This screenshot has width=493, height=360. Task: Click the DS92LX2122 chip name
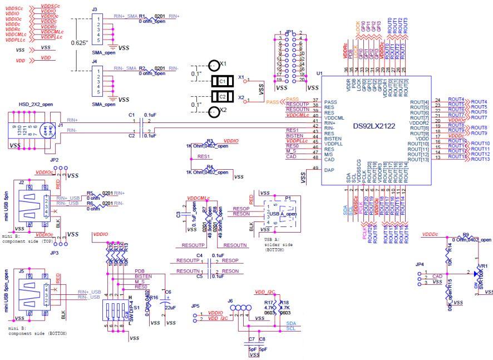pos(374,126)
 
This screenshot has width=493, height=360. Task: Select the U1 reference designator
pos(319,73)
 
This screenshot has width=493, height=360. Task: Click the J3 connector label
pos(94,9)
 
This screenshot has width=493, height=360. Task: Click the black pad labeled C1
pos(222,81)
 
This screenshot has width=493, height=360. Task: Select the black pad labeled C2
pos(222,97)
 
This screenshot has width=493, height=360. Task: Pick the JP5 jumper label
pos(194,306)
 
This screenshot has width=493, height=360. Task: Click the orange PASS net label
pos(273,102)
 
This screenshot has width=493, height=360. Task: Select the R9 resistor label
pos(465,234)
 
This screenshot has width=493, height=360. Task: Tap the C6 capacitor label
pos(167,292)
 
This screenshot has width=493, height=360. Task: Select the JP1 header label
pos(288,32)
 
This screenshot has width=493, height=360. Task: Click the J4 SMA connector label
pos(94,61)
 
